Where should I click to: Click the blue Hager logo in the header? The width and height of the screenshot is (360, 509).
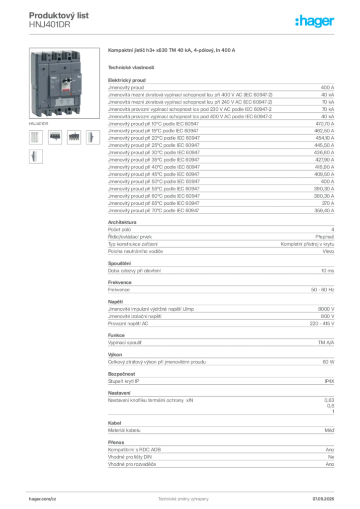point(315,21)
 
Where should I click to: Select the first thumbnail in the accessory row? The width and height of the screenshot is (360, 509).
point(35,137)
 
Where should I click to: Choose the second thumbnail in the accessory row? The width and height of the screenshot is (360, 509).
point(55,137)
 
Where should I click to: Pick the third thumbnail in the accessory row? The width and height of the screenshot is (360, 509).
point(74,137)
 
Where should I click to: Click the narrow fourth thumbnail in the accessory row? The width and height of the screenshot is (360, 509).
point(91,137)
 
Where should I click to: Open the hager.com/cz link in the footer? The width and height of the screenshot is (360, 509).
point(44,498)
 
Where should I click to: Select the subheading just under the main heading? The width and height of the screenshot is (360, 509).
point(131,67)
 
